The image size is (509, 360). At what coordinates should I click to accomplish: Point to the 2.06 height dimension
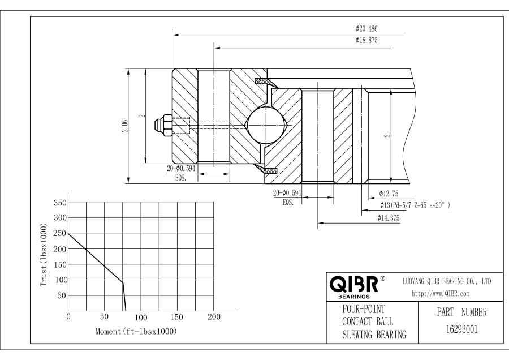(x=125, y=126)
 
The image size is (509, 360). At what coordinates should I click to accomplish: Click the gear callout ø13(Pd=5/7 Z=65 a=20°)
(x=415, y=205)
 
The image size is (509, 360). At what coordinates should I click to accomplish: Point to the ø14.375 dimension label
(x=390, y=218)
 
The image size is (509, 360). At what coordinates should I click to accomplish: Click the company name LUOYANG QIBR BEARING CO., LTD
(x=446, y=281)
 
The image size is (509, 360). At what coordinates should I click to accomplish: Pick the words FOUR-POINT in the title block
(x=360, y=310)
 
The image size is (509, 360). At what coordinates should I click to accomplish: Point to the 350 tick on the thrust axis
(x=59, y=202)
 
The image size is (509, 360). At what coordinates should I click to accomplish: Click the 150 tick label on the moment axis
(x=177, y=317)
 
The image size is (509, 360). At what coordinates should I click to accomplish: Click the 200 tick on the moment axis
(x=214, y=317)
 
